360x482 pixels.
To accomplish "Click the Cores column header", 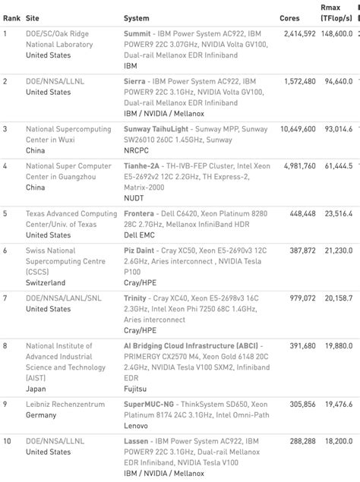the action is pyautogui.click(x=289, y=17).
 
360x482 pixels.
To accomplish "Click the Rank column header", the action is pyautogui.click(x=11, y=17).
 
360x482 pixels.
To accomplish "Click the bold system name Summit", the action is pyautogui.click(x=139, y=34).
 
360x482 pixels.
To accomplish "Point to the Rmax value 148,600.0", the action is pyautogui.click(x=336, y=34).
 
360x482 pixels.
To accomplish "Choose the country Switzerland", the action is pyautogui.click(x=46, y=282).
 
